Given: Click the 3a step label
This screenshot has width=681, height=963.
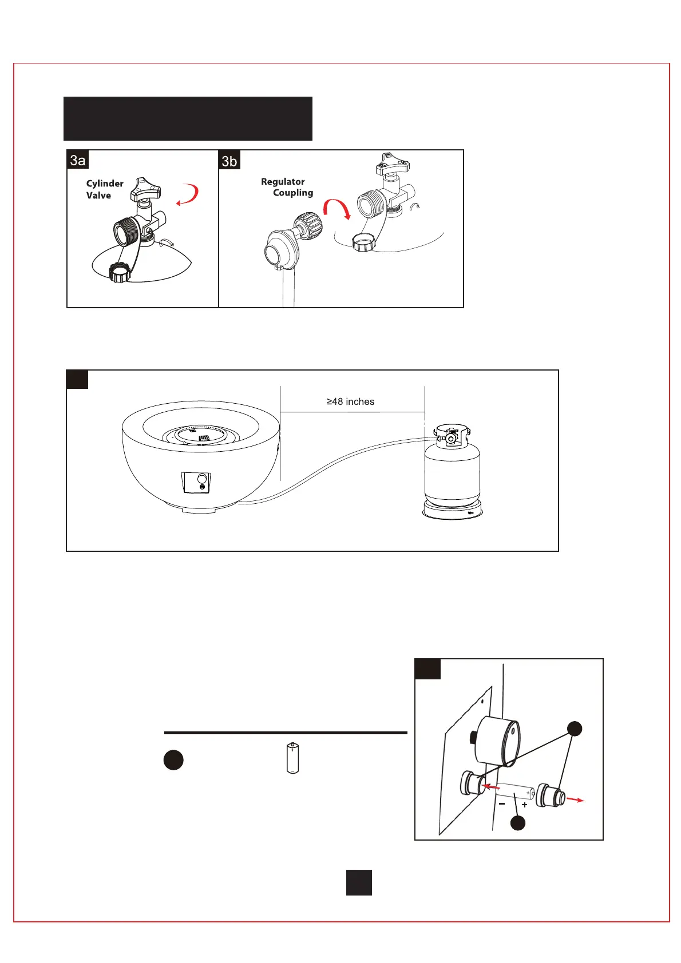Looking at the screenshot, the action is click(78, 160).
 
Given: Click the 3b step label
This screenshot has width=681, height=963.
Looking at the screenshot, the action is click(229, 161).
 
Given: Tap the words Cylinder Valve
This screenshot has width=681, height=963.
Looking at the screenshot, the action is click(104, 189).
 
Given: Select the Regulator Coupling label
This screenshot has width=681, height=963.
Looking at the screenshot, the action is click(287, 187).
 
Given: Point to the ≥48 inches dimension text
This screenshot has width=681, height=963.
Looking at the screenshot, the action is click(350, 401).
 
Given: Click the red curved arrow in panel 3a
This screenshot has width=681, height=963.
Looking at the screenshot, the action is click(189, 195).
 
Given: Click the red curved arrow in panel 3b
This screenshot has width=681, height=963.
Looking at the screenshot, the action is click(337, 209).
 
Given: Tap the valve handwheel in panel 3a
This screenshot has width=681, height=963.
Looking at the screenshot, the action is click(145, 189).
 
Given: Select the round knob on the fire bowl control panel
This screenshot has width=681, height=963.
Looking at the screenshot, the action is click(201, 479).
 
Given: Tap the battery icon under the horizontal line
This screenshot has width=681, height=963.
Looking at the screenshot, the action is click(292, 758).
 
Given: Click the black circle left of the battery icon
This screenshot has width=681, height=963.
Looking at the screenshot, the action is click(173, 759).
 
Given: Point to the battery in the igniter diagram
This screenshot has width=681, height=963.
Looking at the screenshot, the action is click(514, 792).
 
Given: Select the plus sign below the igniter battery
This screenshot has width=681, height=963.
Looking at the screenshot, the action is click(524, 805).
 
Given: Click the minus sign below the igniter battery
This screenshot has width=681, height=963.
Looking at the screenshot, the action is click(502, 803).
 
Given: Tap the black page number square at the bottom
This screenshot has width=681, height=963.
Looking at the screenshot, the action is click(359, 882).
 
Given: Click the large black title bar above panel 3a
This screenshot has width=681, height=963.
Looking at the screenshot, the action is click(188, 118).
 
